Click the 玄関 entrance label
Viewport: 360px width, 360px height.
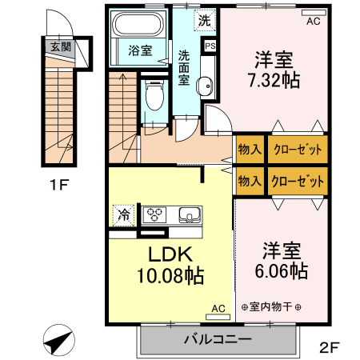60,47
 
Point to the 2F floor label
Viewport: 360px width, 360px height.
330,348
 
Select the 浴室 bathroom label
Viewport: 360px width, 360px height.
140,50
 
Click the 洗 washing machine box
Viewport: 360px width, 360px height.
205,19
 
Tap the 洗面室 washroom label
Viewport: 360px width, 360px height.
183,68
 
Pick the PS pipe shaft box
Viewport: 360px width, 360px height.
210,46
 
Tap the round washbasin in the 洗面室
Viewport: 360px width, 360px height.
205,87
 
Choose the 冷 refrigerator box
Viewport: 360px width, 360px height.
124,214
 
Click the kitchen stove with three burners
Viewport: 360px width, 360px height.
154,214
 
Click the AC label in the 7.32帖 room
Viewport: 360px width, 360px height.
313,22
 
